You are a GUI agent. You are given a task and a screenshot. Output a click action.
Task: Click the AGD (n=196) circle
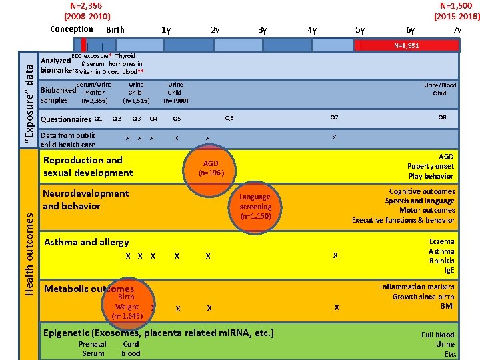(x=211, y=167)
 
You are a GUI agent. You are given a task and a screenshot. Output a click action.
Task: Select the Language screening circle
(x=255, y=206)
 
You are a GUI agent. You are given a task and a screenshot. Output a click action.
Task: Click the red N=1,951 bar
(x=407, y=46)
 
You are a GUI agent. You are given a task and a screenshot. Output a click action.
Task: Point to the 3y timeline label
(x=263, y=30)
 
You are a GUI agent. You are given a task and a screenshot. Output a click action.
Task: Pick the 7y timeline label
(x=457, y=30)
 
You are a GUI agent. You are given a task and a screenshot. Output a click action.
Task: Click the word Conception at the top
(x=71, y=29)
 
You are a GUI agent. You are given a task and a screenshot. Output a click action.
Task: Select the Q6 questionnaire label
(x=229, y=117)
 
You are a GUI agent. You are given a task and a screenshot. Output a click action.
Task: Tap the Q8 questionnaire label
(x=442, y=117)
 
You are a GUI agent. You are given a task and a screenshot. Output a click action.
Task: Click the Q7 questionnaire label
(x=335, y=117)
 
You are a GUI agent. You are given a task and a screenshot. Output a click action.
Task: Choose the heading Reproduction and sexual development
(x=88, y=166)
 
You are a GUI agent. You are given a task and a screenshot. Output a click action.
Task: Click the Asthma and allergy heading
(x=86, y=242)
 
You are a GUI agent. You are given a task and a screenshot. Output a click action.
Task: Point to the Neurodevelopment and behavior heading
(x=85, y=199)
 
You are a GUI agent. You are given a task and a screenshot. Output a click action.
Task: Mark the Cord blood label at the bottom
(x=131, y=349)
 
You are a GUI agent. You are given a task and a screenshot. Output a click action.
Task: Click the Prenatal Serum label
(x=93, y=349)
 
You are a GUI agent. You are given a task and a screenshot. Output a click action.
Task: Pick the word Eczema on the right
(x=442, y=242)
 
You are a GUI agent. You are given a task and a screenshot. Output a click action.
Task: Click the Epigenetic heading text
(x=158, y=332)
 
